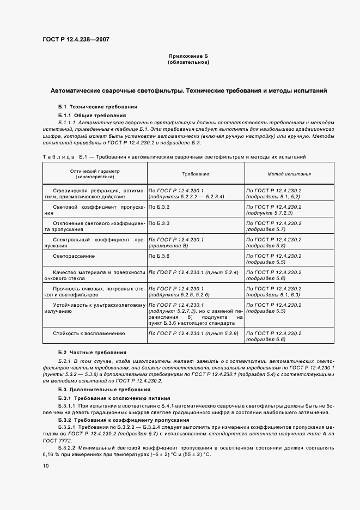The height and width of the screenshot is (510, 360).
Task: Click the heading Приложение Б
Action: (x=188, y=56)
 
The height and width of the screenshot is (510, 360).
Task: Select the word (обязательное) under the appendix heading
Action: (x=188, y=62)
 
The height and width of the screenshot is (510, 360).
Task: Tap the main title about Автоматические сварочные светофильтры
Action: (x=188, y=91)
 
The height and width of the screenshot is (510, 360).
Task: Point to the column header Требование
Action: (x=196, y=174)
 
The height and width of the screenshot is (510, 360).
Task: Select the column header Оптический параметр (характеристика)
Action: (x=95, y=174)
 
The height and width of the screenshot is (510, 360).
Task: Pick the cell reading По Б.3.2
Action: (x=160, y=208)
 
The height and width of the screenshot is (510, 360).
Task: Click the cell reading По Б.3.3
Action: (x=160, y=223)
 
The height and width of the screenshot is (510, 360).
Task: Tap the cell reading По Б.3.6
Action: (x=160, y=256)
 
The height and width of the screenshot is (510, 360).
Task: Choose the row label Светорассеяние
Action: (x=74, y=256)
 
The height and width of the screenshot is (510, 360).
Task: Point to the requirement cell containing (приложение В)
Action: (x=168, y=246)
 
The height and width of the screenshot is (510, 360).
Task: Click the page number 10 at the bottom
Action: (x=46, y=465)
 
